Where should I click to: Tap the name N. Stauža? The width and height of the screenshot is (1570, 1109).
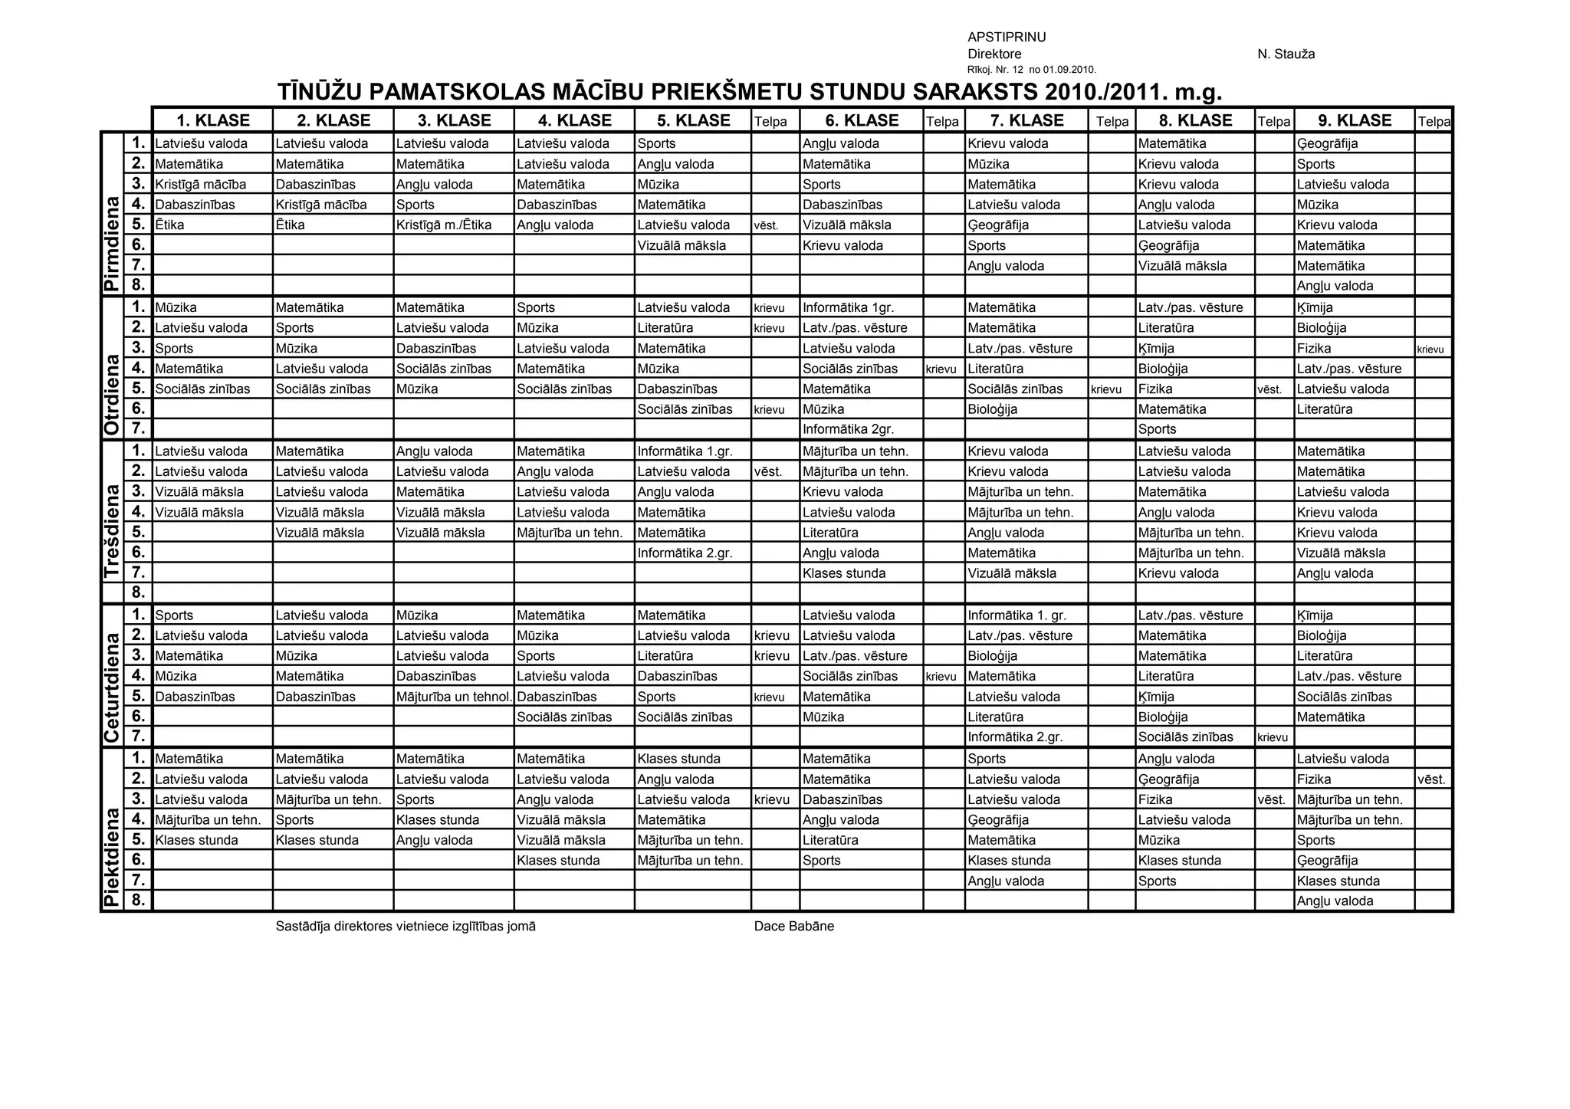pos(1286,54)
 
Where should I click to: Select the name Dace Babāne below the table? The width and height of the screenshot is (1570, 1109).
pos(793,926)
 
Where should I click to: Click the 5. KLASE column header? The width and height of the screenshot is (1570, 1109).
pos(692,120)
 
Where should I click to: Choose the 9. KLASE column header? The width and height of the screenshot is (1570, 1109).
pos(1354,120)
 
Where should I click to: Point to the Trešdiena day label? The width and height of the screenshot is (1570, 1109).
pos(112,530)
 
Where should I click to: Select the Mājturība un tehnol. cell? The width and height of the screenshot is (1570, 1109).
pos(453,697)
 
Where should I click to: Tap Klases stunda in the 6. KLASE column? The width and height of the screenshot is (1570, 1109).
pos(843,573)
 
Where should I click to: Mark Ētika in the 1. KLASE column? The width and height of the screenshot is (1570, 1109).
pos(169,225)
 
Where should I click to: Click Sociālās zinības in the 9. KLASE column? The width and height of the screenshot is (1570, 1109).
pos(1344,697)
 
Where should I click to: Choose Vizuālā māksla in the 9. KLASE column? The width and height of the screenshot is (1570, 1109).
pos(1341,553)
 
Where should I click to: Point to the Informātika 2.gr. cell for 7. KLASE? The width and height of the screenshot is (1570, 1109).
pos(1015,737)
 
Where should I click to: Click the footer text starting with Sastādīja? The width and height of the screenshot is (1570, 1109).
pos(406,926)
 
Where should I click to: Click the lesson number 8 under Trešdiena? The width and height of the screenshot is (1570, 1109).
pos(138,592)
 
